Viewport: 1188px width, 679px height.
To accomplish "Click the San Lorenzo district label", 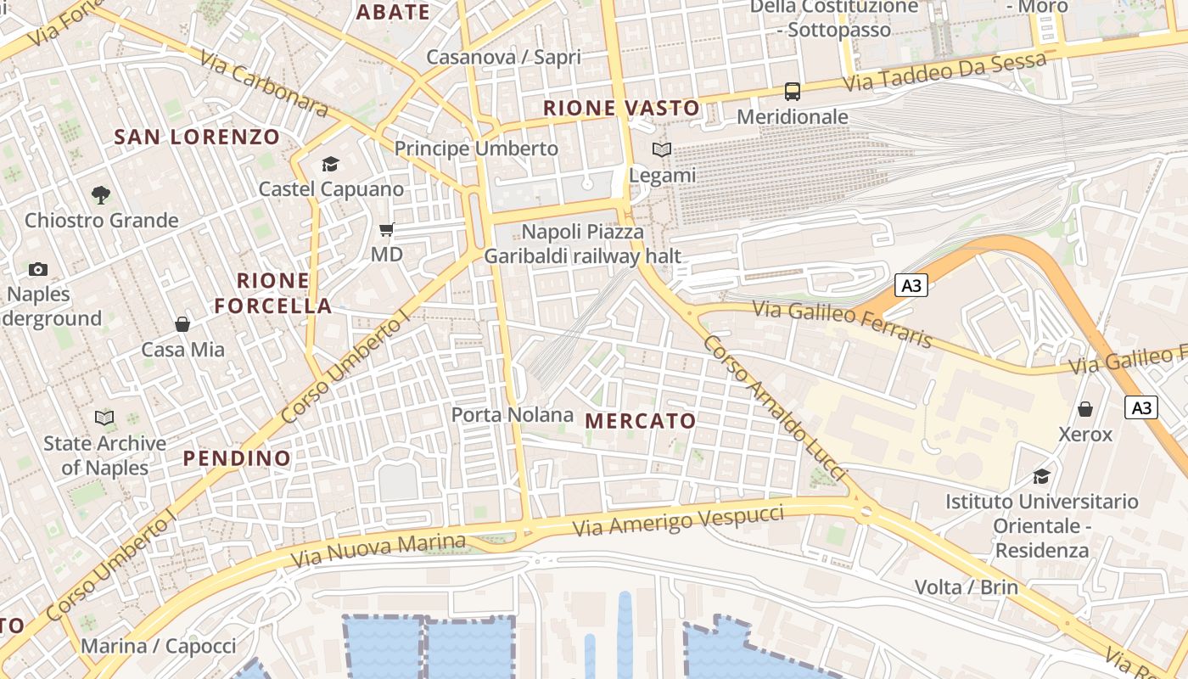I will (x=197, y=137).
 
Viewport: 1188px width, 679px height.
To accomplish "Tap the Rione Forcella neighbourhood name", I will (x=273, y=294).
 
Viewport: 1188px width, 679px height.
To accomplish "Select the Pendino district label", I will (x=238, y=458).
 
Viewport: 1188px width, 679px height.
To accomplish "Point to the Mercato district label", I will (x=641, y=421).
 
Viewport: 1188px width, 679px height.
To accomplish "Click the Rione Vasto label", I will (x=622, y=108).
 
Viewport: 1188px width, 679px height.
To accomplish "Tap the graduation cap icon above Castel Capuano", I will (x=330, y=165).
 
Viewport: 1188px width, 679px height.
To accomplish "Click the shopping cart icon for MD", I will (x=387, y=229).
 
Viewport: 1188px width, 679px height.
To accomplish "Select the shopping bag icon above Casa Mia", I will (x=182, y=324).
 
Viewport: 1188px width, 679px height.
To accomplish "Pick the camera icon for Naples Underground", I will (x=38, y=270).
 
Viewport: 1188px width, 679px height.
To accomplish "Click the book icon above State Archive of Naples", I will (x=104, y=418).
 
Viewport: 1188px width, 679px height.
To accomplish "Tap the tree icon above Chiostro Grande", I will (x=101, y=195).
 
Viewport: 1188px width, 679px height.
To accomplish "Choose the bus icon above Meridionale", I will (x=793, y=92).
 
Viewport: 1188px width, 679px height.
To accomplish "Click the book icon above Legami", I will (x=662, y=150).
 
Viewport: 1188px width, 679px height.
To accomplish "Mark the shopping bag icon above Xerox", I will (x=1085, y=410).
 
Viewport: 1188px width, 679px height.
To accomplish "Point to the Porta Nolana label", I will (x=513, y=415).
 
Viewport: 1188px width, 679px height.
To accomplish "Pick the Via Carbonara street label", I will (x=264, y=83).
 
